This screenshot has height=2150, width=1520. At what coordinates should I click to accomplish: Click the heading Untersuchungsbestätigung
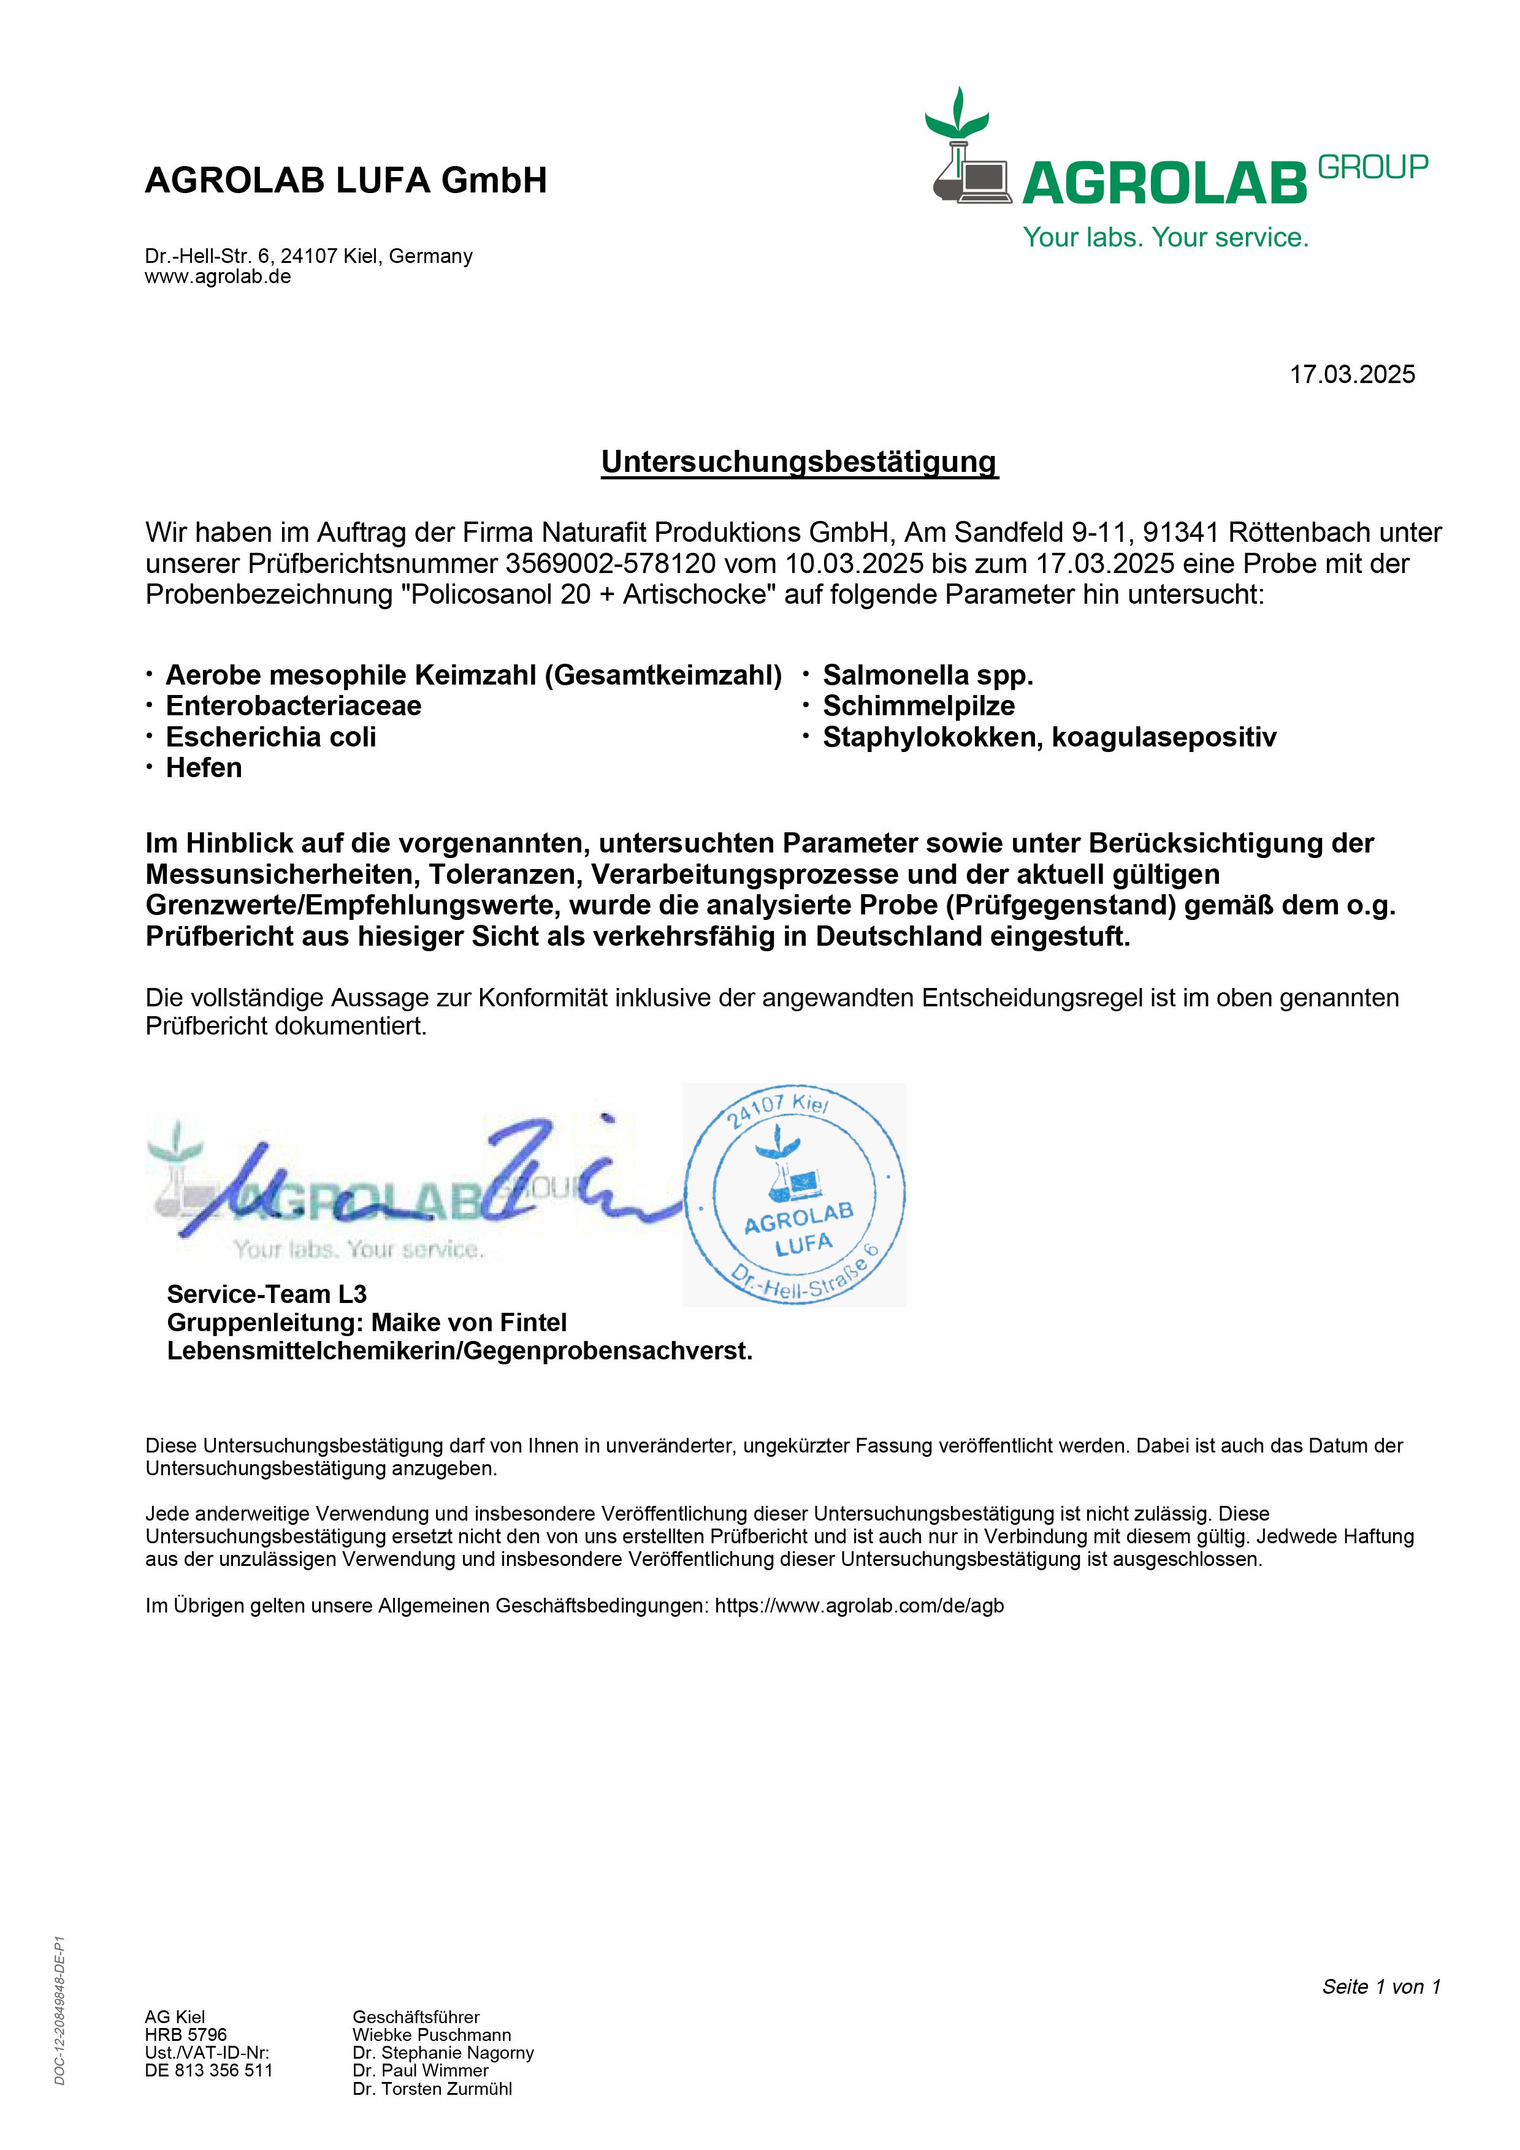click(799, 462)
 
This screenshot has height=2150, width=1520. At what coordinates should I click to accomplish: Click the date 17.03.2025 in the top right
click(1351, 374)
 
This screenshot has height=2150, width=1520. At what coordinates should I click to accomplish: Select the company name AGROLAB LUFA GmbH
click(346, 180)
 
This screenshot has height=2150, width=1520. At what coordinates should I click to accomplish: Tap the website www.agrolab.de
click(217, 277)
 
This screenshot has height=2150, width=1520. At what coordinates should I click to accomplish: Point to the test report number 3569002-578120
click(611, 564)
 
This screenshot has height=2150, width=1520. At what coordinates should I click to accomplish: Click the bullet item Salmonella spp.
click(927, 675)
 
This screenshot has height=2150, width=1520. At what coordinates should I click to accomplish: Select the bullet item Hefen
click(203, 768)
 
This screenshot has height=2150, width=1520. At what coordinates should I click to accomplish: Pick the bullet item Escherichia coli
click(270, 737)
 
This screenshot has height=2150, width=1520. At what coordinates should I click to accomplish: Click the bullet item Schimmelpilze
click(918, 706)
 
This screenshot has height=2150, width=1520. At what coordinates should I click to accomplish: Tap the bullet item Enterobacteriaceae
click(293, 706)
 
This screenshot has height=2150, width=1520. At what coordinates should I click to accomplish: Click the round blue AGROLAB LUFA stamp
click(794, 1195)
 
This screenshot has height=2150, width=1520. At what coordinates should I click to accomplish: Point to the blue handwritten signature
click(421, 1185)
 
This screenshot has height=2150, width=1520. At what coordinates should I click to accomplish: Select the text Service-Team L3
click(266, 1294)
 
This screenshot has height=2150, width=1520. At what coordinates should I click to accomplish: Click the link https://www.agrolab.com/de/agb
click(859, 1606)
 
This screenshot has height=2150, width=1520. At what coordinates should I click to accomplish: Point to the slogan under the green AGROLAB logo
click(1165, 238)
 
